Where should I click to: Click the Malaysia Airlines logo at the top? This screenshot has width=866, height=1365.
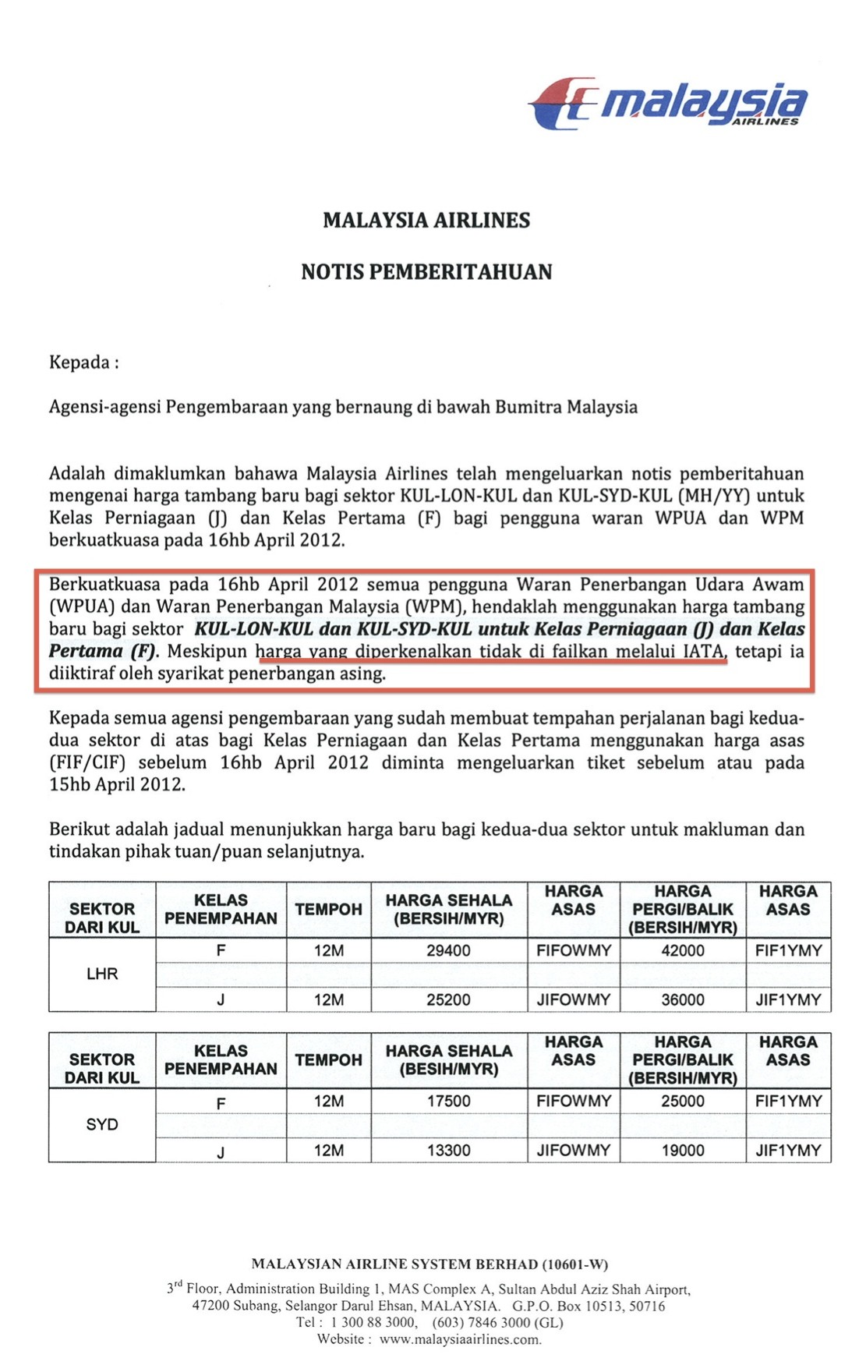(668, 103)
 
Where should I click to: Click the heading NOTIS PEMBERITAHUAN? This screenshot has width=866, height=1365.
(426, 272)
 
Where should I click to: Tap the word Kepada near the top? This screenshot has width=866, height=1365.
(80, 362)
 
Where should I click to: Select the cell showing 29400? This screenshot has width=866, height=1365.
(448, 950)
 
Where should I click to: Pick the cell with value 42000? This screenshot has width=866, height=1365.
(683, 950)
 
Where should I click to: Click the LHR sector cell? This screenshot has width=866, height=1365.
(102, 974)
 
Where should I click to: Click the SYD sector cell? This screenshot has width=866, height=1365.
(102, 1124)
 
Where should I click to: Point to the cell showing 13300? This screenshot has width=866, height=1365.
(448, 1150)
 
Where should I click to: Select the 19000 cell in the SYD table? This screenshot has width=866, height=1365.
(683, 1150)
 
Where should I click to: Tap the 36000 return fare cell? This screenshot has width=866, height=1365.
(683, 999)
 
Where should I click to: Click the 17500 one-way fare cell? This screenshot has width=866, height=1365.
(448, 1101)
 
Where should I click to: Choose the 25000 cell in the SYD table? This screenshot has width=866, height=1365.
(683, 1101)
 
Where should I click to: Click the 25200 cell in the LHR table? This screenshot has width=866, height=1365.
(448, 999)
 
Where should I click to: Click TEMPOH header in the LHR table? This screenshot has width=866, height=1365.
(328, 909)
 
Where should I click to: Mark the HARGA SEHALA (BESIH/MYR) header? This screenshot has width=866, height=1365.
(448, 1059)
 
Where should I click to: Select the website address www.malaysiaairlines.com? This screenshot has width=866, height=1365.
(460, 1339)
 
